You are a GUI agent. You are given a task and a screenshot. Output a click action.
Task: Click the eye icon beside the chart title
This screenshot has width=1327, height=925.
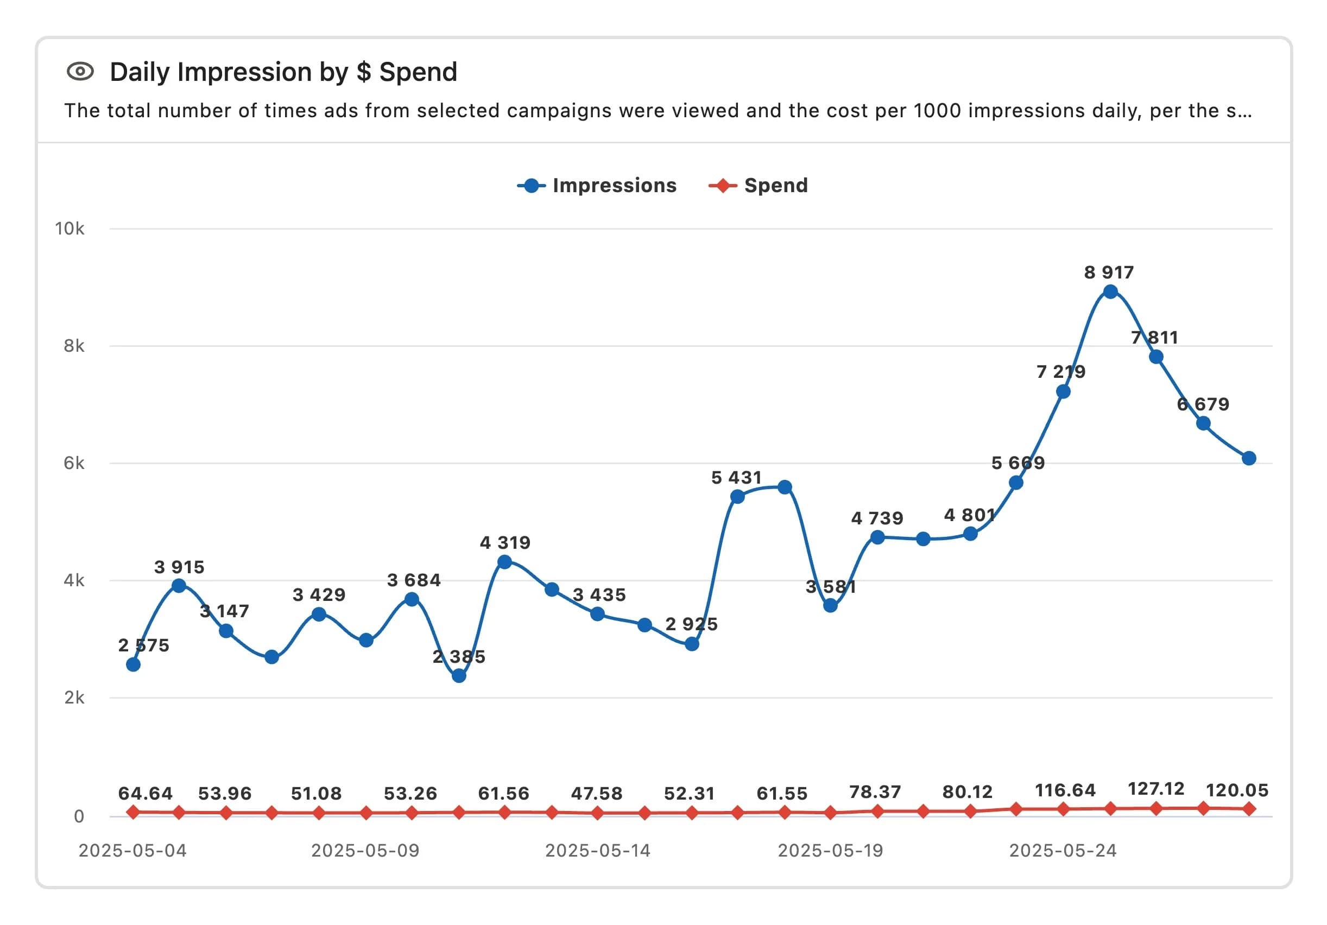[x=80, y=72]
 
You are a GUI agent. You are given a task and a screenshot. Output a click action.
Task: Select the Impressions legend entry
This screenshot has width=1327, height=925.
[x=597, y=186]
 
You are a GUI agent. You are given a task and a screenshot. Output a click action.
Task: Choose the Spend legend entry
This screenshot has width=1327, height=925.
[x=759, y=186]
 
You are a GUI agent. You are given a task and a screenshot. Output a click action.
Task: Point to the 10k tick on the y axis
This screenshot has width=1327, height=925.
[x=69, y=229]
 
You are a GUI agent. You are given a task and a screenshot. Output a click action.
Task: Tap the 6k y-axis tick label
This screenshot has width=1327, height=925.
[x=73, y=463]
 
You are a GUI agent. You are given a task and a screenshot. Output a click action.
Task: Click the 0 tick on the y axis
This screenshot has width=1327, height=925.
[x=79, y=816]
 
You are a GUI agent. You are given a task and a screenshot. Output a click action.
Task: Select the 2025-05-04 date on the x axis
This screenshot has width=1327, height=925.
[x=132, y=851]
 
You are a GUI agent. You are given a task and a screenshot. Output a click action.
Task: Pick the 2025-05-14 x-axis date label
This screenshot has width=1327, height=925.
[x=598, y=851]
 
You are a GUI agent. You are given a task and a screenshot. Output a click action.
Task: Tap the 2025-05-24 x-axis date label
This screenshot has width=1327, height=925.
[x=1063, y=851]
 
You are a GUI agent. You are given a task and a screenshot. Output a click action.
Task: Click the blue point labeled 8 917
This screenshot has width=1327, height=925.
[x=1110, y=292]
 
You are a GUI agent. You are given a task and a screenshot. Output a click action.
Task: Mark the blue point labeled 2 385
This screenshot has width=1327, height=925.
[x=459, y=675]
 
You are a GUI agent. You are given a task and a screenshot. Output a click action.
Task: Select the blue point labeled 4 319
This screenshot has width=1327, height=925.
[x=504, y=562]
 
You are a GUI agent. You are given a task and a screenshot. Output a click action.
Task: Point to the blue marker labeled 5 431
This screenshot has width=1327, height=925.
[x=737, y=496]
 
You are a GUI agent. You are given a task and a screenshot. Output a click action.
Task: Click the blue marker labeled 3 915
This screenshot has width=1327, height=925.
[x=179, y=585]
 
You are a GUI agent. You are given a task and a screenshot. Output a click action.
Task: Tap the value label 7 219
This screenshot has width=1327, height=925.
[x=1060, y=371]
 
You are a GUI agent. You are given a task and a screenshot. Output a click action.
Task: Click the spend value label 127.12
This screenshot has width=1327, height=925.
[x=1156, y=789]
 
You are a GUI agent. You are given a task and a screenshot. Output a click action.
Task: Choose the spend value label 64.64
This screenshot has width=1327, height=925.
[x=145, y=793]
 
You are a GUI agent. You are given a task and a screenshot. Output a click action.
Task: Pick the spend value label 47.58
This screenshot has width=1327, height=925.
[x=597, y=793]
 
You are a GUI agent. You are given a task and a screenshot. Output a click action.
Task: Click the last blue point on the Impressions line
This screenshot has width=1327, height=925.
[x=1248, y=458]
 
